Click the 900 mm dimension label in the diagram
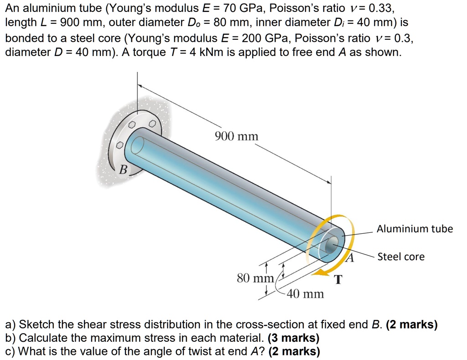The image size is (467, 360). (236, 136)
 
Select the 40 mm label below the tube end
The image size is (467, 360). (305, 294)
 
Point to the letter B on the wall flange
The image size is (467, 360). (123, 170)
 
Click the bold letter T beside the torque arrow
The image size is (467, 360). (338, 279)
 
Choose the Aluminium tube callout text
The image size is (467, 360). (415, 229)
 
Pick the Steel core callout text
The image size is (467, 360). (401, 257)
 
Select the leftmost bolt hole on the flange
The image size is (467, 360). (119, 145)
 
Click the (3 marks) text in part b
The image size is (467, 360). (294, 338)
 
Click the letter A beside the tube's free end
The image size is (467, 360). (350, 259)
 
